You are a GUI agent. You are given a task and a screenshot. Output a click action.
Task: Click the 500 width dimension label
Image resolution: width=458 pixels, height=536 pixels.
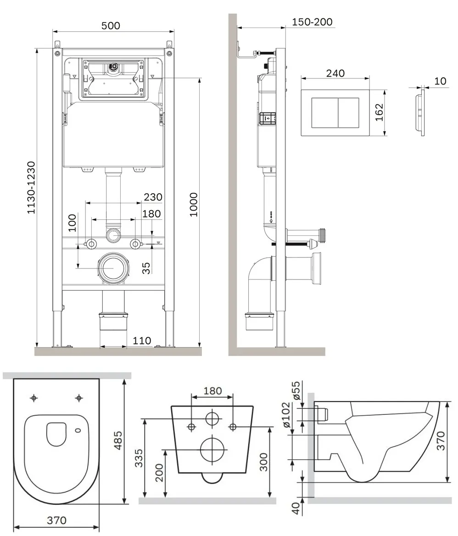tap(111, 26)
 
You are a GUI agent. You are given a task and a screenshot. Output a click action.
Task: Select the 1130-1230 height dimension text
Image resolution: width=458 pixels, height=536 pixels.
tap(31, 188)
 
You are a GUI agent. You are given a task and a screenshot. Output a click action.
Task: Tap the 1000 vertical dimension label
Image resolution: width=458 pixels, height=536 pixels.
tap(194, 204)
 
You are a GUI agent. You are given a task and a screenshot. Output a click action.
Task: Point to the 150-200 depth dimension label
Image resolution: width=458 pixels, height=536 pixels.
tap(312, 22)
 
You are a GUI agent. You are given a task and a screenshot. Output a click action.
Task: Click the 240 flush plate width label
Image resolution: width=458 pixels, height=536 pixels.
tap(335, 73)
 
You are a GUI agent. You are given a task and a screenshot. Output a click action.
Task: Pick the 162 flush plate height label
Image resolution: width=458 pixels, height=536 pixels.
tap(380, 112)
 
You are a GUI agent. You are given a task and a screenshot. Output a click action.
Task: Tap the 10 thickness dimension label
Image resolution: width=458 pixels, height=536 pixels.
tap(440, 81)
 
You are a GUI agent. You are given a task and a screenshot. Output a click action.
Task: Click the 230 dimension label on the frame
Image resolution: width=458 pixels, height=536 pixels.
tap(153, 197)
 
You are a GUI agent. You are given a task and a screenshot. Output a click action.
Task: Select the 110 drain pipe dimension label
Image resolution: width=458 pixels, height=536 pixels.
tap(141, 341)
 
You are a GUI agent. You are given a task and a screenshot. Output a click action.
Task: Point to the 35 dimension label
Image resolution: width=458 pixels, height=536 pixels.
tap(146, 268)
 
